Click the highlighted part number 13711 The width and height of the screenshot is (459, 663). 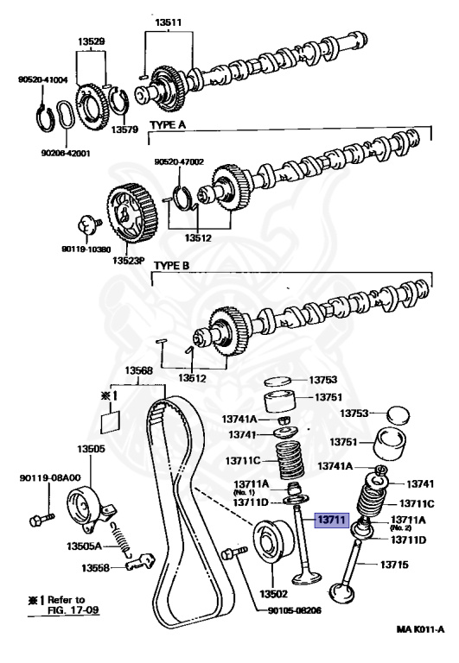point(332,520)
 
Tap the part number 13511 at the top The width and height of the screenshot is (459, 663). point(168,22)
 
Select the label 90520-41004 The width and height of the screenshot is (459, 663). point(42,79)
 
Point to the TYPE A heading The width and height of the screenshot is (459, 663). point(168,125)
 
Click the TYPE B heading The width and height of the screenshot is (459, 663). point(171,266)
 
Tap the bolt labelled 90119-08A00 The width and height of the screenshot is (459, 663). point(41,518)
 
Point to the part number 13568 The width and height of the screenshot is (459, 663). point(138,371)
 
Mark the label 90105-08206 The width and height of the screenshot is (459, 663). point(294,610)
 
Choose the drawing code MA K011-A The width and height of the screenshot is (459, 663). point(420,629)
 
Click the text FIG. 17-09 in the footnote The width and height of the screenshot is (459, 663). point(73,609)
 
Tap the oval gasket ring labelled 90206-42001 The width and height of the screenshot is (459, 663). point(65,115)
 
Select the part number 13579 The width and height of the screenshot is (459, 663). point(125,129)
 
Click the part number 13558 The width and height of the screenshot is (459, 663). point(95,568)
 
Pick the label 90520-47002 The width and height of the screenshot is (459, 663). point(179,161)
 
